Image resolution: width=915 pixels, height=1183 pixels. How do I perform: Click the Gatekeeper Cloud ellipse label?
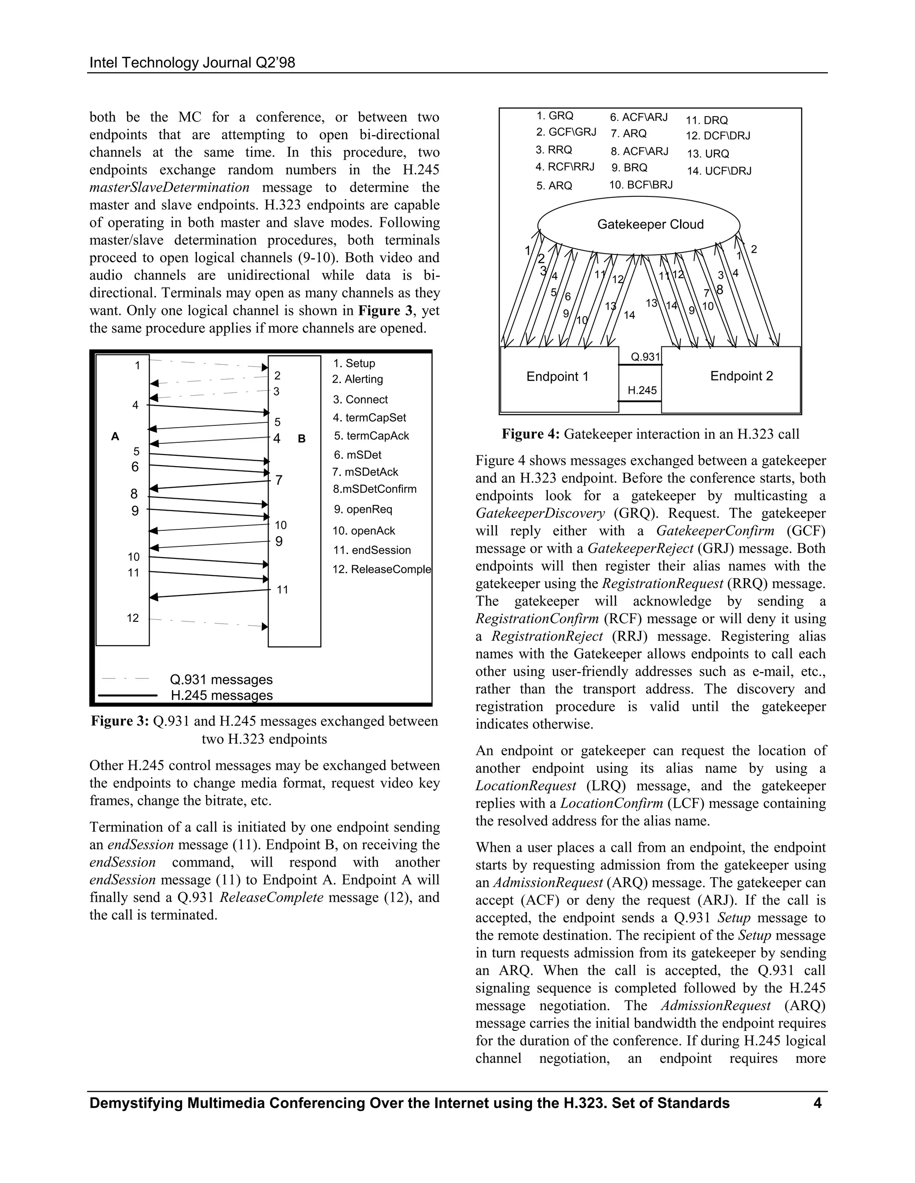pos(650,224)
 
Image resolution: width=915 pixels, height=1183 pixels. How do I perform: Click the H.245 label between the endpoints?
pos(642,390)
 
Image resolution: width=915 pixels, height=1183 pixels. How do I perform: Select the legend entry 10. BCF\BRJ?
pos(641,185)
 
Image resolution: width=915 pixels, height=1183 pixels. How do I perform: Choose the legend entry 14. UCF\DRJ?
pos(719,171)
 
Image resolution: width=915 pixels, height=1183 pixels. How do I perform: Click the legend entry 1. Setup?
pos(354,363)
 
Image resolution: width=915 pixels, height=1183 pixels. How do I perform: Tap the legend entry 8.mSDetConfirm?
pos(374,489)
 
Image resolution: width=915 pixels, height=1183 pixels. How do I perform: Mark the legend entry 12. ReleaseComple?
pos(382,569)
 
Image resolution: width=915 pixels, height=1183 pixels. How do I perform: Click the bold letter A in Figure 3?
pos(115,437)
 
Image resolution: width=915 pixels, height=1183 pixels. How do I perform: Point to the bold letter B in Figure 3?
pos(302,439)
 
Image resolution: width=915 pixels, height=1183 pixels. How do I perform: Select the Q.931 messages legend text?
pos(221,679)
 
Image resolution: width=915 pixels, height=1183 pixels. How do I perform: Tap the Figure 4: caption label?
pos(531,434)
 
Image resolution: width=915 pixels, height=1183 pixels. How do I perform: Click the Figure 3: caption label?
pos(120,721)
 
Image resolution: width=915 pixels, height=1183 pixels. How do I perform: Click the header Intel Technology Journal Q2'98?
pos(192,63)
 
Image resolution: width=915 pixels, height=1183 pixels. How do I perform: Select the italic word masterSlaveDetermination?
pos(170,187)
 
